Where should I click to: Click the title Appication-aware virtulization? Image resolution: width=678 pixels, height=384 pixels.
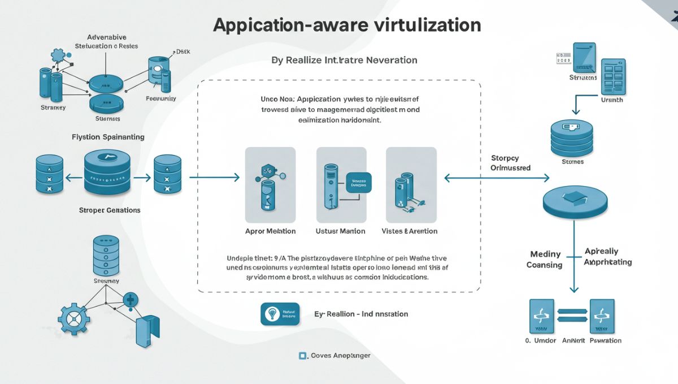tap(347, 25)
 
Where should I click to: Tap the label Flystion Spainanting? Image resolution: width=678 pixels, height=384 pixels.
tap(108, 137)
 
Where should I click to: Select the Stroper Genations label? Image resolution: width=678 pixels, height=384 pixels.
tap(110, 210)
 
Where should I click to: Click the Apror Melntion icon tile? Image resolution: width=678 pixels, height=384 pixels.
tap(270, 184)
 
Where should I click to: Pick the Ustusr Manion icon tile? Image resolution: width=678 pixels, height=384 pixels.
tap(341, 184)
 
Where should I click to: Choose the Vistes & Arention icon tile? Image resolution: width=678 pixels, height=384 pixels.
tap(411, 184)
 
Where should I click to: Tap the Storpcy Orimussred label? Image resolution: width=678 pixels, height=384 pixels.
tap(510, 163)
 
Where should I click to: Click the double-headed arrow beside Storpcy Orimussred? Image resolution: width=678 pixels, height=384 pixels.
tap(497, 178)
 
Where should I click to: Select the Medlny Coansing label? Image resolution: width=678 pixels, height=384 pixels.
tap(545, 260)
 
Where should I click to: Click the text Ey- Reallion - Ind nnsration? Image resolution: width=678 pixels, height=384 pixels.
tap(361, 314)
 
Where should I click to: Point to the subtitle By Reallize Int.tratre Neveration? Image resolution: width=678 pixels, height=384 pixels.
tap(344, 60)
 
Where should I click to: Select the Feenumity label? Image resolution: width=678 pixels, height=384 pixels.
tap(160, 98)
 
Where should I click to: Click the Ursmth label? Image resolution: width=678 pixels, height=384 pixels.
tap(612, 100)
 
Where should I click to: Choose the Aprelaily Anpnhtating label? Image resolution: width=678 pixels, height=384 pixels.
tap(607, 256)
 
